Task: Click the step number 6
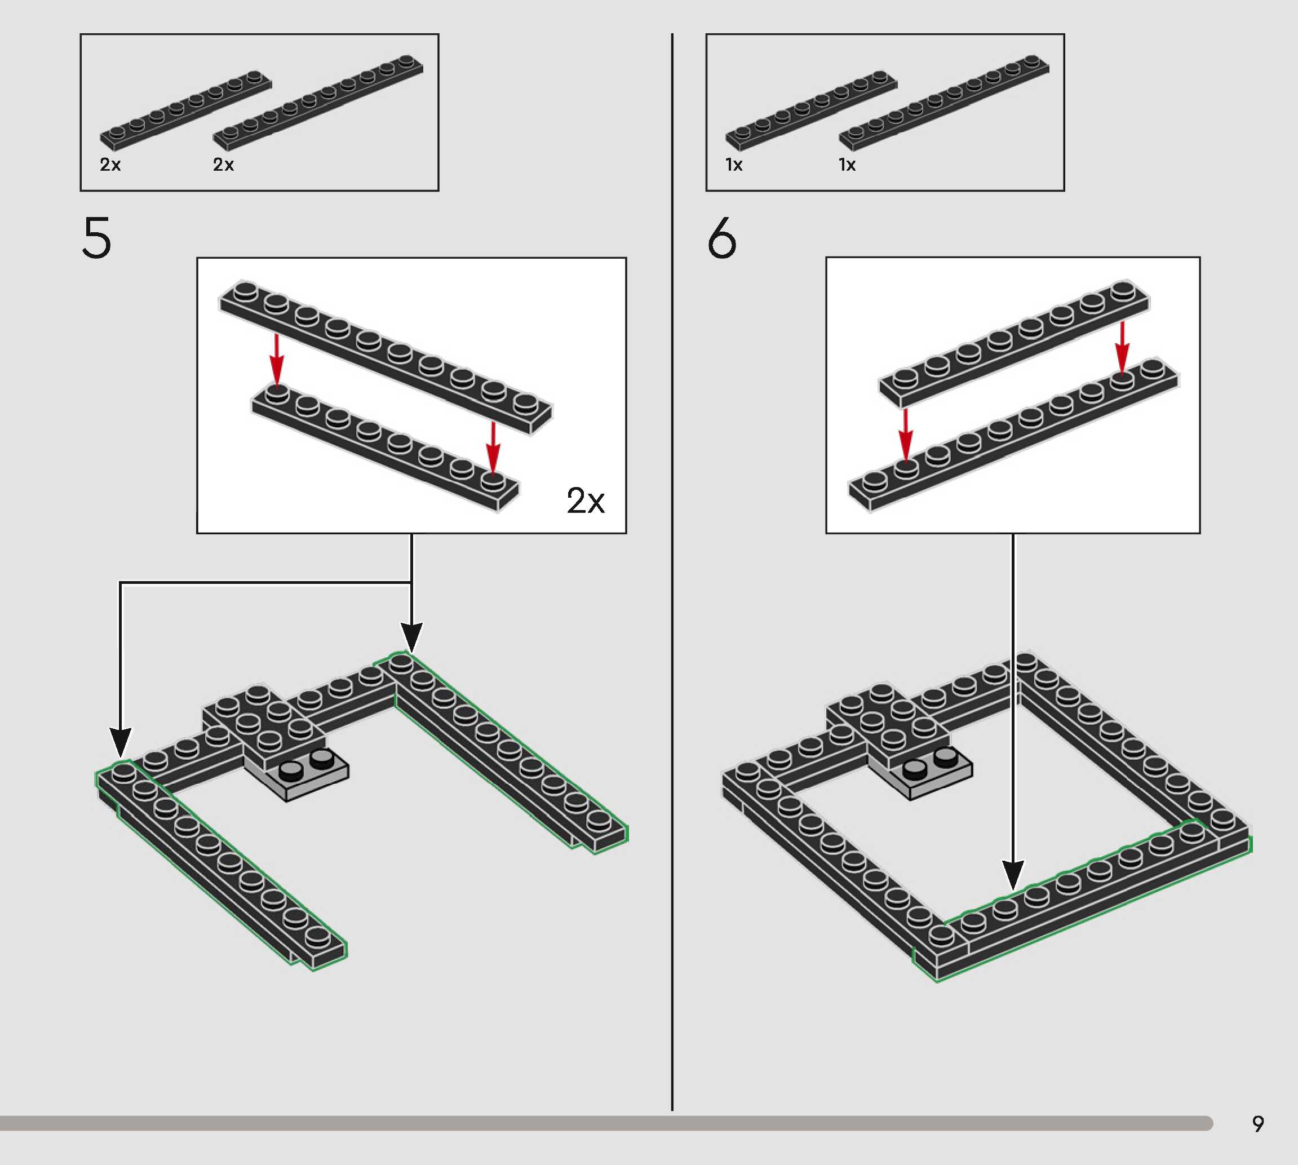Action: (722, 237)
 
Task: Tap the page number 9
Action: (1257, 1124)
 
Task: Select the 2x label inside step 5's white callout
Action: (586, 500)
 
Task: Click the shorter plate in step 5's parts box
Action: (185, 109)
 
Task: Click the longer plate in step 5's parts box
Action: (317, 103)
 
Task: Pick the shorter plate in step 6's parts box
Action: (811, 109)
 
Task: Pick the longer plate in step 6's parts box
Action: (943, 103)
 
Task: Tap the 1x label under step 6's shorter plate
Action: (734, 165)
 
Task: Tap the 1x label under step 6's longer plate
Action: (848, 165)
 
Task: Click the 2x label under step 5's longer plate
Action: (223, 165)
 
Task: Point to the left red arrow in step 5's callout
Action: (277, 359)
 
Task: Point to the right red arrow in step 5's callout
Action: (492, 447)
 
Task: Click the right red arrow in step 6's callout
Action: (1122, 347)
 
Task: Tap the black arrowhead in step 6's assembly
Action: (1013, 875)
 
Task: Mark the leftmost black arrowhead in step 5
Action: (120, 742)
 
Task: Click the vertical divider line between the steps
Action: (672, 572)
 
